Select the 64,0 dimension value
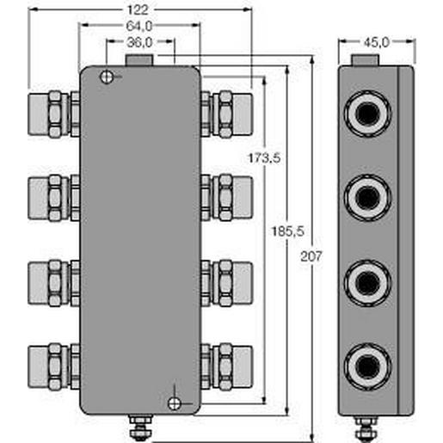(140, 26)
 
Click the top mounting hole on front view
(107, 77)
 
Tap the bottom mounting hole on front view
(175, 403)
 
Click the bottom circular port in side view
(369, 366)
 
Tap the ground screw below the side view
(369, 425)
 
